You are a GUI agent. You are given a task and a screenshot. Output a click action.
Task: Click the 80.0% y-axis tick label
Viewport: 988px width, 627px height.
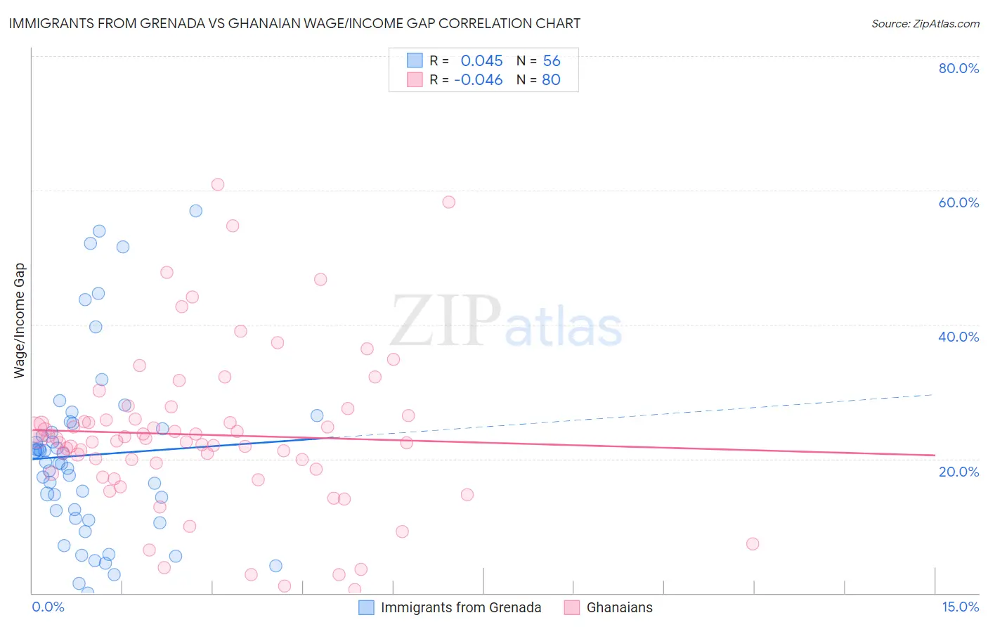958,68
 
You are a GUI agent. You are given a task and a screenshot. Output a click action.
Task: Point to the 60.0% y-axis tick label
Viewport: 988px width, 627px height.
958,202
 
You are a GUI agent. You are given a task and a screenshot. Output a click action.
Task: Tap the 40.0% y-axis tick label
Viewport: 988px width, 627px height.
958,337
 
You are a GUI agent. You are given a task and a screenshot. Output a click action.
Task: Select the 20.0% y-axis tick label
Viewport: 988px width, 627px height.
958,471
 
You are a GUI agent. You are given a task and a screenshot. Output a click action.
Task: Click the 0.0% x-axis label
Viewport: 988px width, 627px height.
48,607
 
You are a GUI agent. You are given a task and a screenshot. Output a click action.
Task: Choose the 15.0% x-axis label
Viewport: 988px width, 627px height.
960,607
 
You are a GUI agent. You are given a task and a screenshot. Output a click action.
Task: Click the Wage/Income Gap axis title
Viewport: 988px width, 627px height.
20,321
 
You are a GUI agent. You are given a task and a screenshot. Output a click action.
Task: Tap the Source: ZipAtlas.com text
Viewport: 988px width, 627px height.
925,23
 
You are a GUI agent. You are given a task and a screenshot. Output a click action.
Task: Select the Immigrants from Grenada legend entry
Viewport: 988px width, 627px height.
460,607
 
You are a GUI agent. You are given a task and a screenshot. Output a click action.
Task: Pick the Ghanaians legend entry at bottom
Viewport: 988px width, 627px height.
619,607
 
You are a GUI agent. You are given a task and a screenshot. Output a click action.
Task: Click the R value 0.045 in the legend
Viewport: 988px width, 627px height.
481,60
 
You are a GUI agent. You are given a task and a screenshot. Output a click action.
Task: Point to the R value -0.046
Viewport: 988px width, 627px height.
478,79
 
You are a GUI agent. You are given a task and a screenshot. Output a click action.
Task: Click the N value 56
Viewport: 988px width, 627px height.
552,60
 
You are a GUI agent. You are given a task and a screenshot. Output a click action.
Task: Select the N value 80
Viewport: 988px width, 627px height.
551,79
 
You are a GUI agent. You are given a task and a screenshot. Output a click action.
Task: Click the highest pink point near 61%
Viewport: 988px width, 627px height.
218,184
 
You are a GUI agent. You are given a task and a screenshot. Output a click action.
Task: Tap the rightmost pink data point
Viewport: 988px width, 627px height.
753,543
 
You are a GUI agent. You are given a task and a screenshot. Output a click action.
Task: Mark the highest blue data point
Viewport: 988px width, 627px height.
196,211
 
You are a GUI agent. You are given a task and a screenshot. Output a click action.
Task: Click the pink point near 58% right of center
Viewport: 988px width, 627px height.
449,202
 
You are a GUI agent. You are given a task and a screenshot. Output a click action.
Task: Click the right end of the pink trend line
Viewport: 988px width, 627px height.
935,455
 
